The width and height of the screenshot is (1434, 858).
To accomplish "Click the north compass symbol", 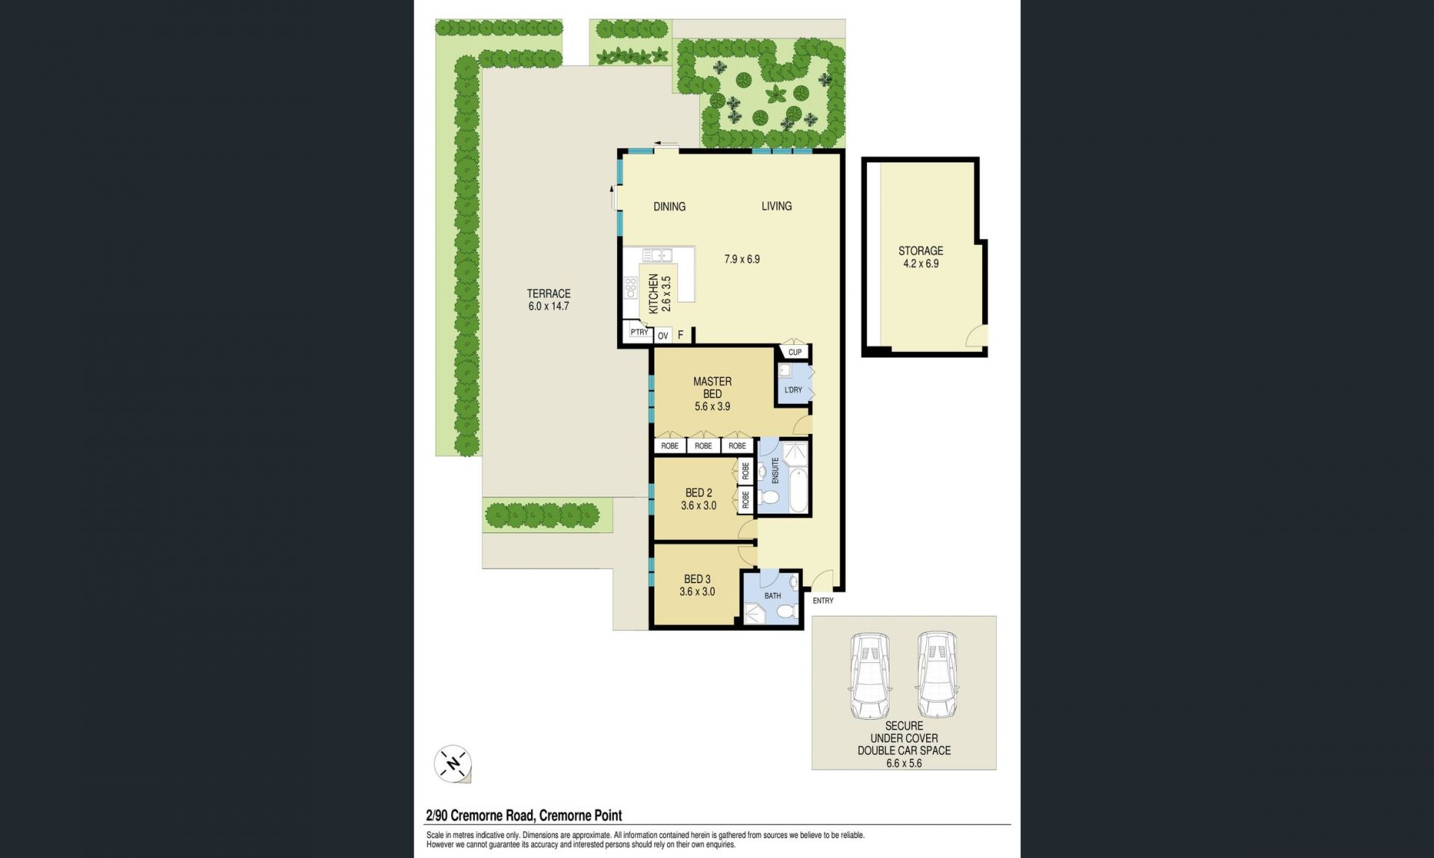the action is point(453,764).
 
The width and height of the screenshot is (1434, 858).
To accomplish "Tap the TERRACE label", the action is point(549,293).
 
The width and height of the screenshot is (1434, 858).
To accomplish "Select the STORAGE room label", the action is point(921,251).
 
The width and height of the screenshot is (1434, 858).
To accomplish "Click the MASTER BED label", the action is point(713,388).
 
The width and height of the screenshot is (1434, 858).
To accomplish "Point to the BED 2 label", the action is point(699,493).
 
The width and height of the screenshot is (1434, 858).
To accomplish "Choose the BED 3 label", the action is point(698,579).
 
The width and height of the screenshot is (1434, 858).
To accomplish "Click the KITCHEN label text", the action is point(654,293).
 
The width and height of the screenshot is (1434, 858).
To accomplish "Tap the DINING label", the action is point(669,207).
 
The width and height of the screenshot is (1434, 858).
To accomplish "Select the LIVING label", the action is point(777,206).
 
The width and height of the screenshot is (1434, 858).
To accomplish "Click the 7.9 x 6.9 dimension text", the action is point(742,259).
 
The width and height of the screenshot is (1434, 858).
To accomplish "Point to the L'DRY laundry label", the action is point(793,390).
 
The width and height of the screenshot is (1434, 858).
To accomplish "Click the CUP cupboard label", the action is point(795,352).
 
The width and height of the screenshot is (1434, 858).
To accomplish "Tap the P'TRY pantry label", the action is point(639,332).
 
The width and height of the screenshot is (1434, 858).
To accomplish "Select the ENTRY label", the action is point(823,600).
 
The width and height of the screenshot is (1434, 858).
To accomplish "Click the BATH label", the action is point(773,596).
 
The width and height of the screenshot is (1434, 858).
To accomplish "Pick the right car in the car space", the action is point(937,675).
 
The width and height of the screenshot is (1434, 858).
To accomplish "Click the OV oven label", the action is point(662,336).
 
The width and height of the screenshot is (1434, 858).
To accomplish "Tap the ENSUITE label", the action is point(775,470).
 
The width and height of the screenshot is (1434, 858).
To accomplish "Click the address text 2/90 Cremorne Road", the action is point(479,816).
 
